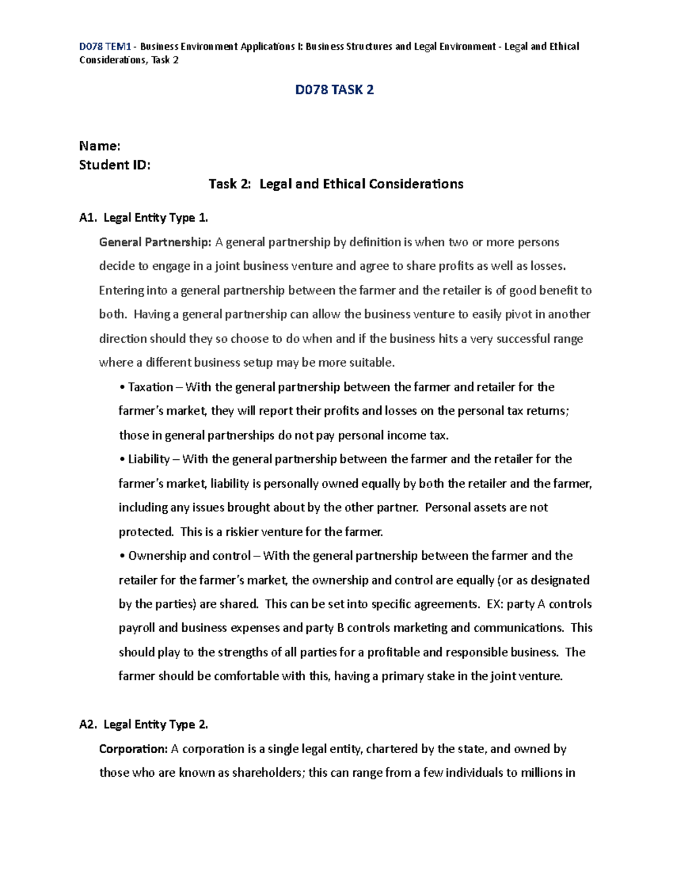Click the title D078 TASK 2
pyautogui.click(x=334, y=90)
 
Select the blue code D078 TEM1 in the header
pyautogui.click(x=105, y=47)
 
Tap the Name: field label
pyautogui.click(x=100, y=146)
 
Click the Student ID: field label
pyautogui.click(x=115, y=165)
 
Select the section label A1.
pyautogui.click(x=88, y=218)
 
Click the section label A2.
pyautogui.click(x=88, y=725)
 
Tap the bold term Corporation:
pyautogui.click(x=133, y=749)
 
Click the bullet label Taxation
pyautogui.click(x=150, y=387)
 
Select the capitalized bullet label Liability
pyautogui.click(x=149, y=459)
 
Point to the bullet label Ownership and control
pyautogui.click(x=189, y=556)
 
